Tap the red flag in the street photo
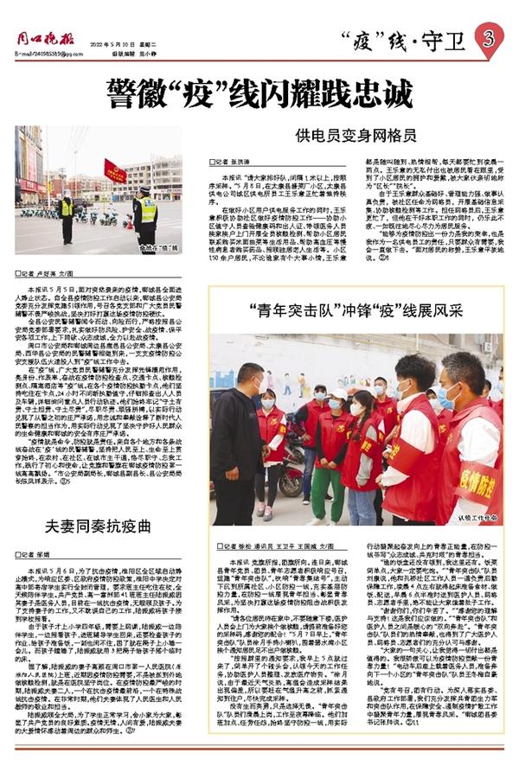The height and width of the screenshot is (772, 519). tap(114, 170)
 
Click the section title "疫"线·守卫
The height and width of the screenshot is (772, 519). tap(404, 39)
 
